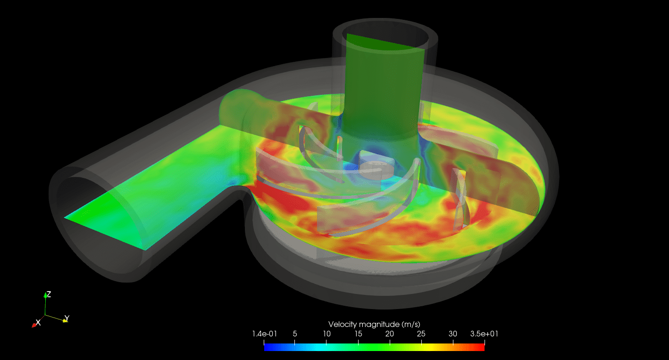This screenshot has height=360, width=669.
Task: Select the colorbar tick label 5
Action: pos(295,334)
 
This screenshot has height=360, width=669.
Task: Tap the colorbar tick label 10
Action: pos(326,334)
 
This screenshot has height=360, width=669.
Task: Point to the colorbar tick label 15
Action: pos(358,334)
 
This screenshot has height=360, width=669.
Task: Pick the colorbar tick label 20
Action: pos(390,334)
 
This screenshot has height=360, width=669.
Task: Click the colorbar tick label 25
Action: pos(421,334)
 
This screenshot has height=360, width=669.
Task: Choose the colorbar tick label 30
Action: pos(453,334)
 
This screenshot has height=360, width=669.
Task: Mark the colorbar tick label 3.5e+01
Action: pos(484,334)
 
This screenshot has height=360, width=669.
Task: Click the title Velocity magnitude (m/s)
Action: pos(374,324)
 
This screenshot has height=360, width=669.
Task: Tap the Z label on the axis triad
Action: pos(49,294)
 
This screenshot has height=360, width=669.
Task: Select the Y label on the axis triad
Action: pos(67,318)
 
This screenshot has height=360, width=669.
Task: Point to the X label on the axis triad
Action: pos(39,322)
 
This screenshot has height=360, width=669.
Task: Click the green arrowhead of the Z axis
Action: pos(45,295)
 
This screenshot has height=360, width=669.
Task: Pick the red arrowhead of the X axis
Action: pos(34,325)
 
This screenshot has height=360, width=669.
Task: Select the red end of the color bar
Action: pos(482,347)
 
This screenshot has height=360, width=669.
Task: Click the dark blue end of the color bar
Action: pos(267,347)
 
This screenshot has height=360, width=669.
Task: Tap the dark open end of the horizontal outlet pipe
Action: pos(85,208)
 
